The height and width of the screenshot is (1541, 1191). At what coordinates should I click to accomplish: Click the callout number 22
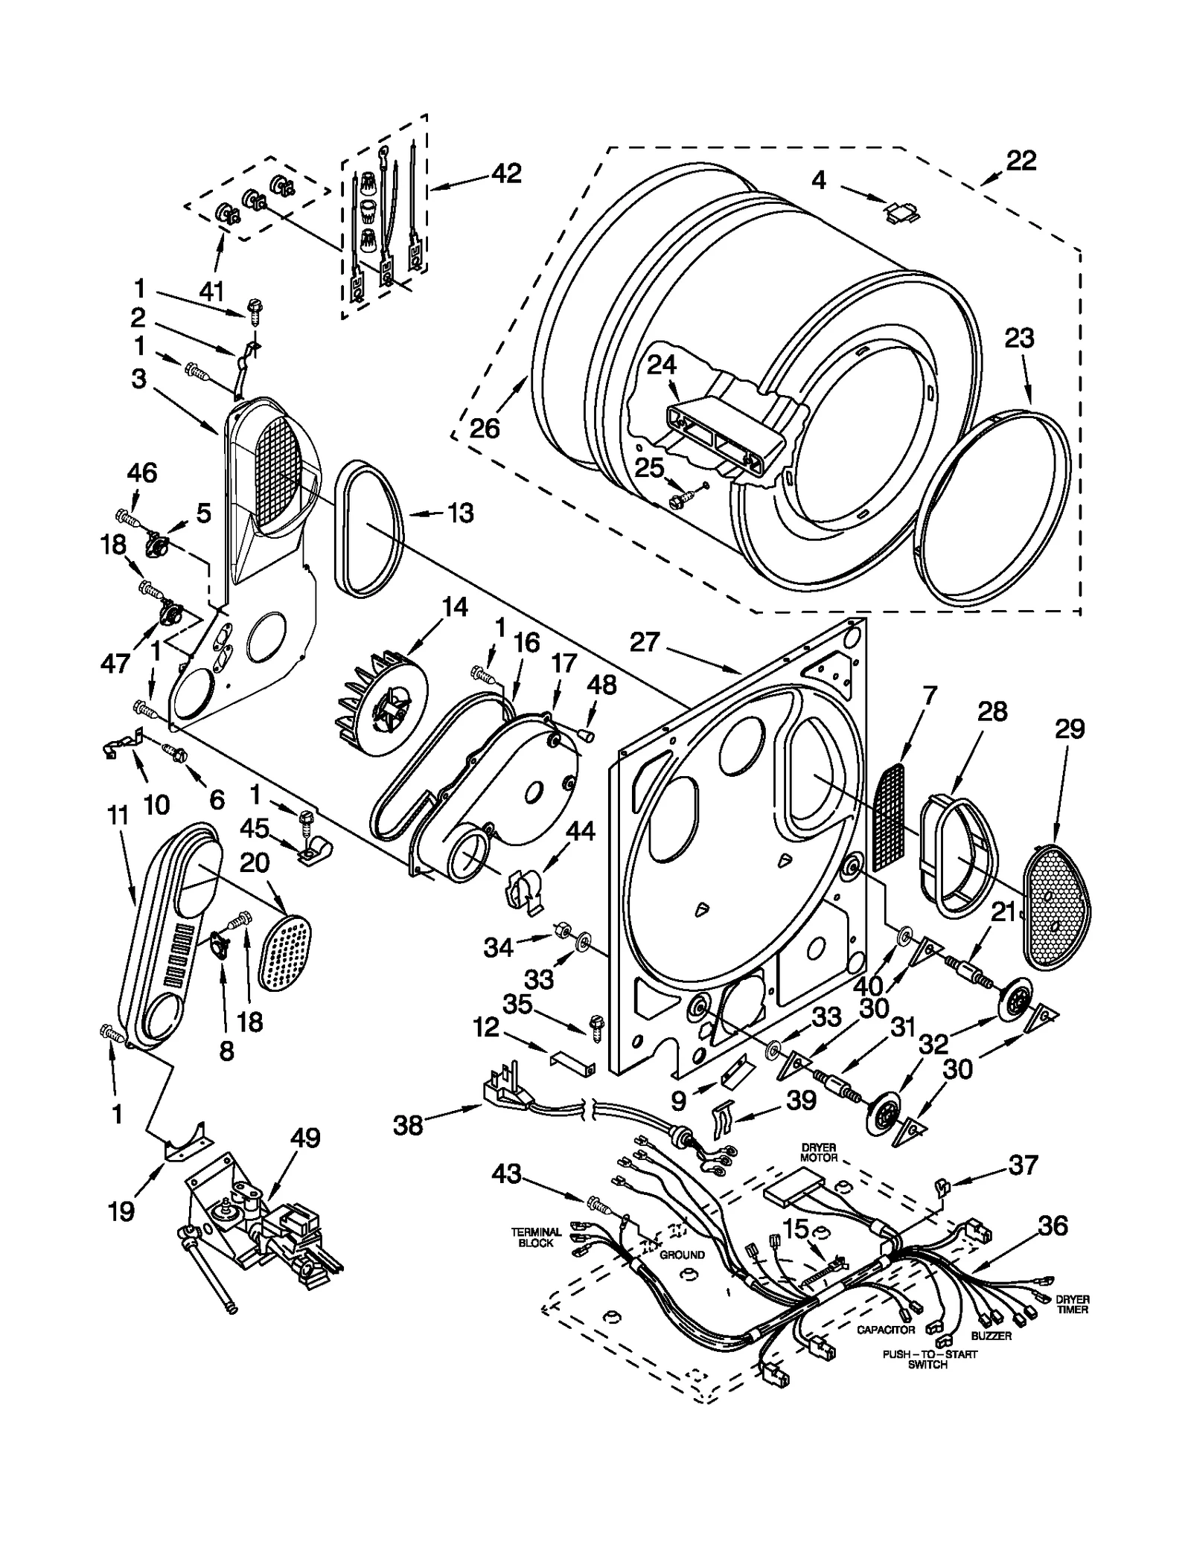pyautogui.click(x=1021, y=161)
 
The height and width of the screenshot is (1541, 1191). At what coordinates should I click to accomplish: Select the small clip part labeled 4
pyautogui.click(x=901, y=212)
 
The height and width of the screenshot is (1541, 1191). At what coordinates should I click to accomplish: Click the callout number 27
pyautogui.click(x=645, y=641)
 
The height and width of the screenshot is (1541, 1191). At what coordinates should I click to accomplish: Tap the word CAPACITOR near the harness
pyautogui.click(x=885, y=1330)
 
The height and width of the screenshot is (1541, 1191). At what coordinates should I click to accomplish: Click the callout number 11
pyautogui.click(x=118, y=816)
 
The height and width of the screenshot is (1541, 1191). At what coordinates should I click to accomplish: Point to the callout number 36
pyautogui.click(x=1052, y=1226)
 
